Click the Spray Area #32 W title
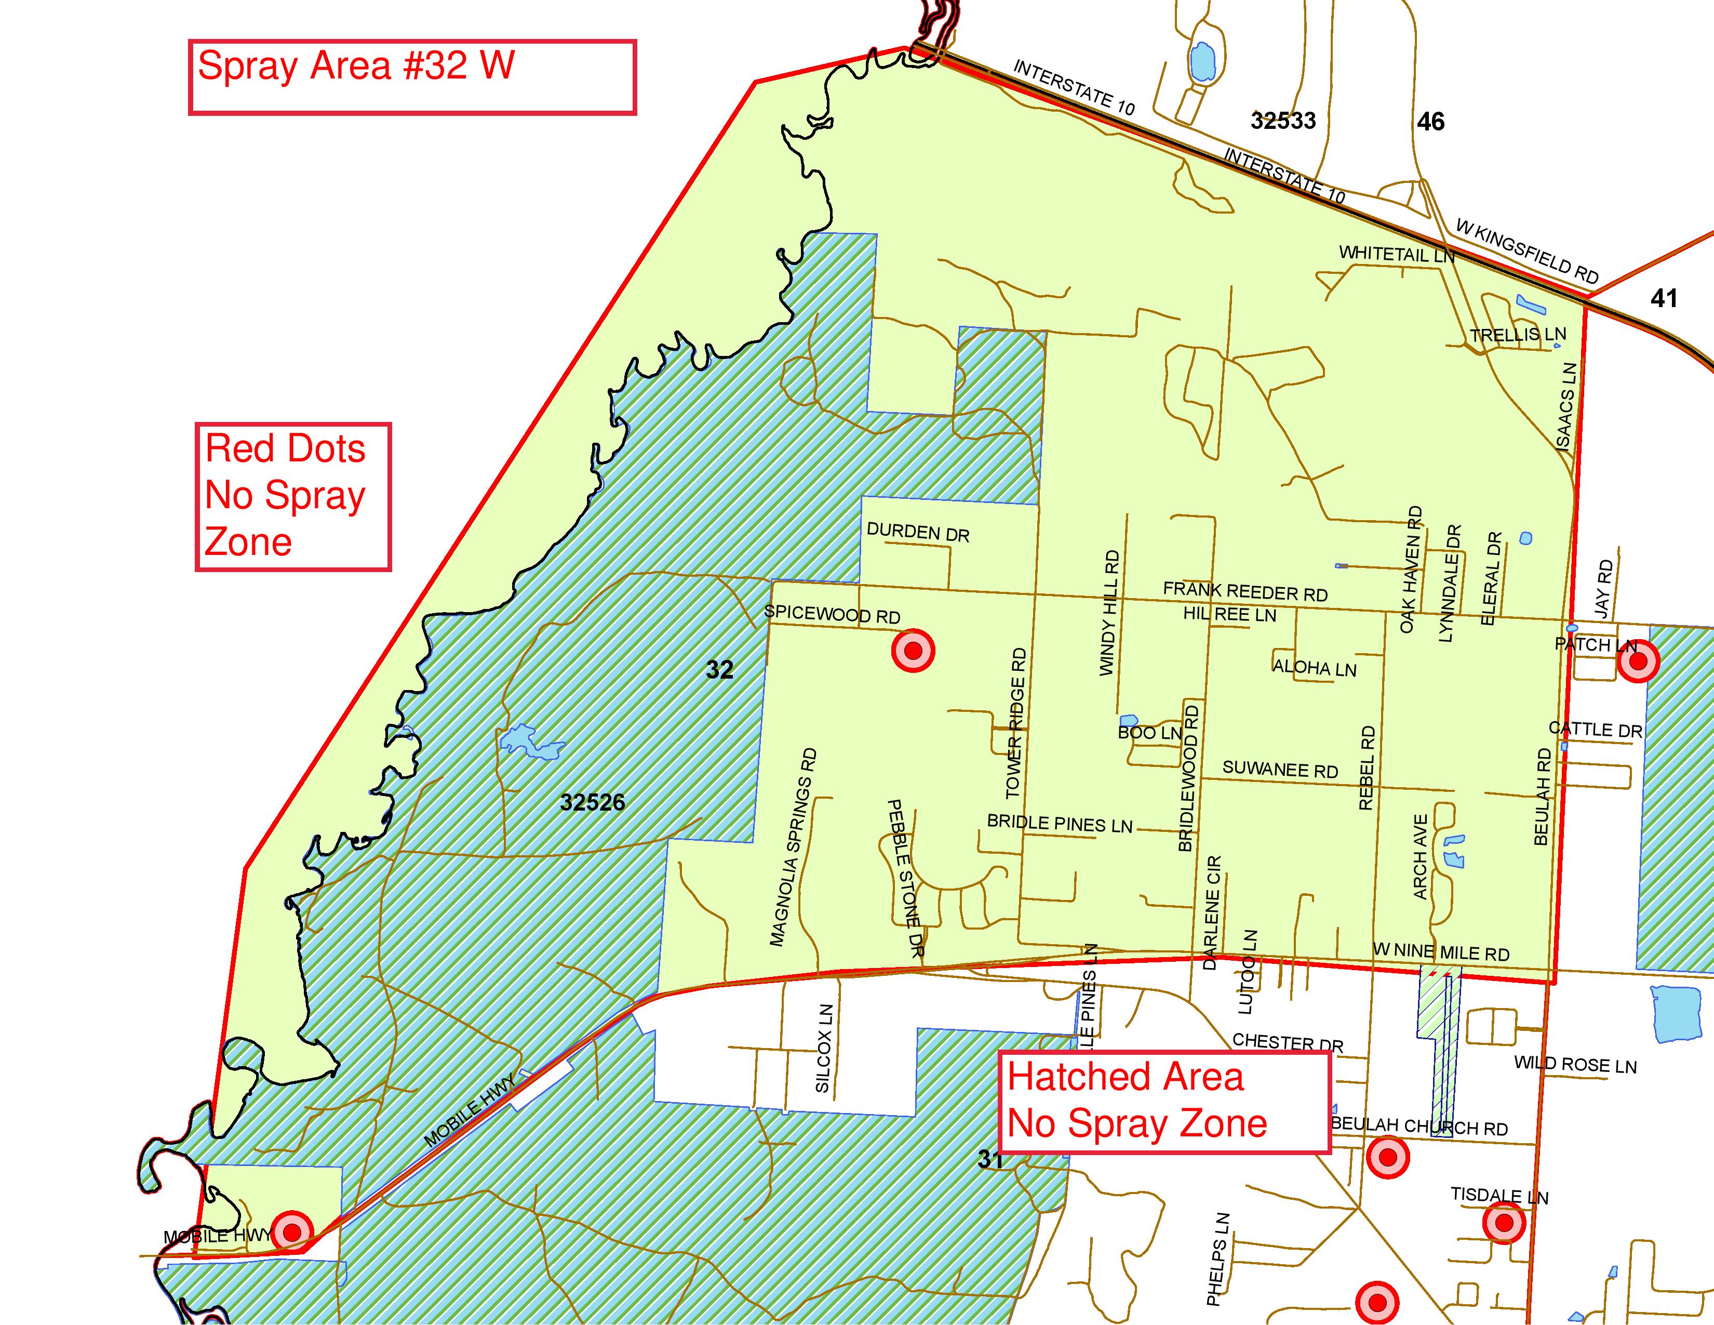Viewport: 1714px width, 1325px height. [355, 66]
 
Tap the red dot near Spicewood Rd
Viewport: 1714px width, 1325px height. [913, 650]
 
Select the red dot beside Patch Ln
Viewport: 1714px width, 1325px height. [1638, 661]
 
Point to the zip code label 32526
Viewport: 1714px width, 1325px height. [593, 802]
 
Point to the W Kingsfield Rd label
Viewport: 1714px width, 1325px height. [1526, 251]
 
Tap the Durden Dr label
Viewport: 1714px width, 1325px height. [917, 533]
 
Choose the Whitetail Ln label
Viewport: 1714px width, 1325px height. [1396, 254]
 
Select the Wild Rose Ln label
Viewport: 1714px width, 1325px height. [1575, 1065]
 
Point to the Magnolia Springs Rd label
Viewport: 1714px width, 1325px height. [794, 848]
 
